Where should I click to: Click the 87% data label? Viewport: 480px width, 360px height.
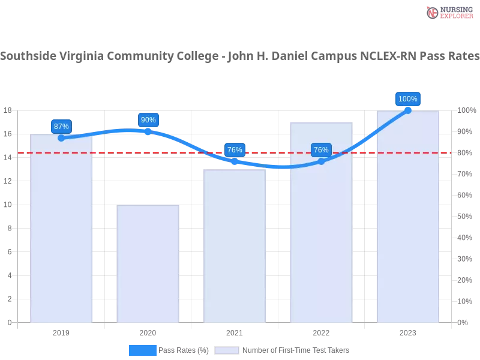click(61, 127)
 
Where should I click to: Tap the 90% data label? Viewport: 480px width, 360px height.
click(148, 120)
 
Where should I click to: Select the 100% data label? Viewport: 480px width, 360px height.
click(408, 99)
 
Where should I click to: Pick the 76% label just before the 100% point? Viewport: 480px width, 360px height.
click(321, 150)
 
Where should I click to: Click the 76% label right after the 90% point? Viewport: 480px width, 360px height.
click(235, 150)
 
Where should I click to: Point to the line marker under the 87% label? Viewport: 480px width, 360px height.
click(61, 138)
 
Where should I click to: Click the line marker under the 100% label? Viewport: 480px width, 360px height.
click(408, 110)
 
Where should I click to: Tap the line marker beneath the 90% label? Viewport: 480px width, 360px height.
click(148, 131)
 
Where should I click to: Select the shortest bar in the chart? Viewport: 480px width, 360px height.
click(148, 264)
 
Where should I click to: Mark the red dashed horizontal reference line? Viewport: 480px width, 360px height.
click(120, 152)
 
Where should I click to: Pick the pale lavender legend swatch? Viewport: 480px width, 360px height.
click(227, 350)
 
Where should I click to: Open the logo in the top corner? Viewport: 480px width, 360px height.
click(448, 13)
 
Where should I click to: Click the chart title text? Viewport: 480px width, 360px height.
click(240, 57)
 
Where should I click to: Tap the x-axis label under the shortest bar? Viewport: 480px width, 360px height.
click(148, 331)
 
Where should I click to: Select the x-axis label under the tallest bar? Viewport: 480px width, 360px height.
click(408, 331)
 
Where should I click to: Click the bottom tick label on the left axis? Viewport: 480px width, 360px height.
click(9, 322)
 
